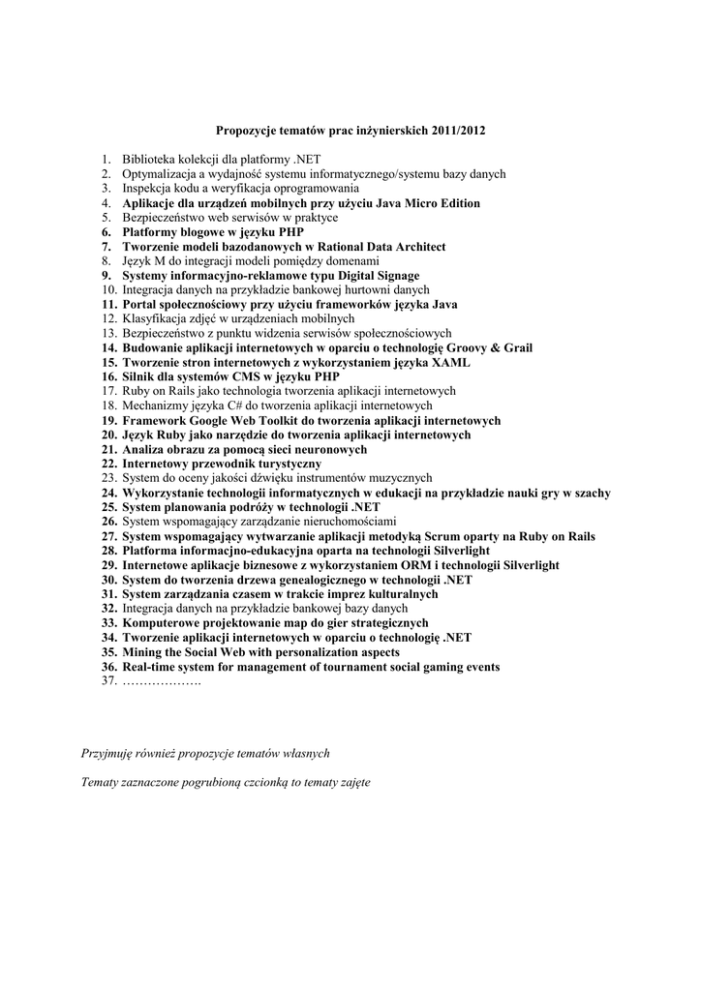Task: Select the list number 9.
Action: pos(107,276)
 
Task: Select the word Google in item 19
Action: pos(210,420)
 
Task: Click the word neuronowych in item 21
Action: pos(324,449)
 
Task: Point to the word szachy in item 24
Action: pos(590,493)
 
